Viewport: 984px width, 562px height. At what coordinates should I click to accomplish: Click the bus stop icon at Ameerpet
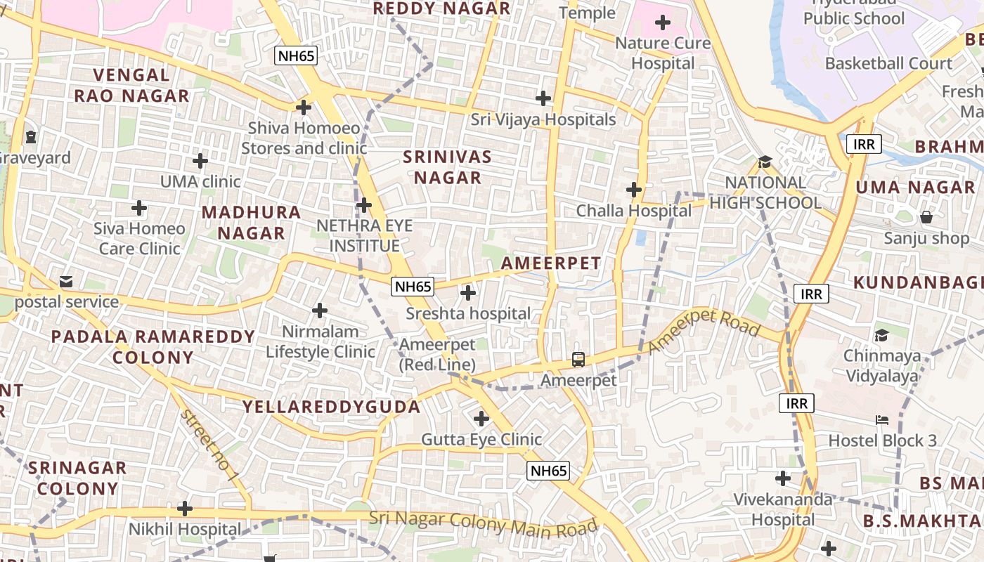pyautogui.click(x=578, y=360)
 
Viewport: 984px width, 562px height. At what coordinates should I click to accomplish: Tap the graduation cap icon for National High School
pyautogui.click(x=765, y=162)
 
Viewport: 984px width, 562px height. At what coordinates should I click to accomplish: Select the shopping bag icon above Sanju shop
pyautogui.click(x=926, y=217)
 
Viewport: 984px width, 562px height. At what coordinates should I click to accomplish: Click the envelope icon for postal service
pyautogui.click(x=66, y=282)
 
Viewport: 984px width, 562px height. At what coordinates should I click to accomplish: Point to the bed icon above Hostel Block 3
pyautogui.click(x=882, y=420)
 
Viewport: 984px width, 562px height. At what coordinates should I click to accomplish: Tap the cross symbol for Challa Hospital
pyautogui.click(x=634, y=190)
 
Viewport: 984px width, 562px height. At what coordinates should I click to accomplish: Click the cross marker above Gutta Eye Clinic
pyautogui.click(x=481, y=419)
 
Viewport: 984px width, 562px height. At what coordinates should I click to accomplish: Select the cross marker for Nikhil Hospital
pyautogui.click(x=185, y=508)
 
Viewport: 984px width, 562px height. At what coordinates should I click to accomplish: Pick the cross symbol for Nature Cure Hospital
pyautogui.click(x=662, y=22)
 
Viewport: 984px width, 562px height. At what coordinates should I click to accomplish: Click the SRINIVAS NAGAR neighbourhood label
pyautogui.click(x=448, y=167)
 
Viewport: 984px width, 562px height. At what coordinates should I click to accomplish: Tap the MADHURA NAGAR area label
pyautogui.click(x=252, y=222)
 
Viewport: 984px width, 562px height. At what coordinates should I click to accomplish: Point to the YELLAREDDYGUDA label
pyautogui.click(x=332, y=407)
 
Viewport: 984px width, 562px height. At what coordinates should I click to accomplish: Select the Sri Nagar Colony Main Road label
pyautogui.click(x=484, y=523)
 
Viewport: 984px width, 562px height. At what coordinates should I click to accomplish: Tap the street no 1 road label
pyautogui.click(x=209, y=445)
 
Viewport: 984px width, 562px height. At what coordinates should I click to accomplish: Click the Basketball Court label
pyautogui.click(x=888, y=63)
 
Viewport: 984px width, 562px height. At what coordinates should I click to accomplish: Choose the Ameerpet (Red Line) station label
pyautogui.click(x=437, y=355)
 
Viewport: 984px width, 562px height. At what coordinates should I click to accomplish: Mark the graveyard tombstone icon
pyautogui.click(x=31, y=136)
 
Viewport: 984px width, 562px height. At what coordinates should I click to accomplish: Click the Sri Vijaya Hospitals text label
pyautogui.click(x=543, y=119)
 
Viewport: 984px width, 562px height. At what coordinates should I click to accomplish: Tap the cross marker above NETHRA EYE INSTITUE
pyautogui.click(x=363, y=205)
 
